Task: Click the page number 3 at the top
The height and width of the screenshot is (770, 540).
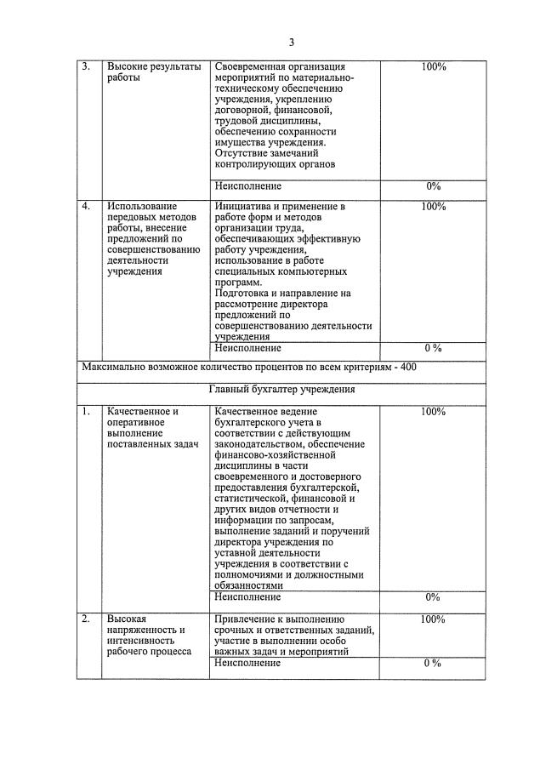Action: pos(291,43)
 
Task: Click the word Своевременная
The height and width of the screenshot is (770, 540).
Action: pos(249,66)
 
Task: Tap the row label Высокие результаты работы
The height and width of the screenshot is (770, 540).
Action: pos(153,72)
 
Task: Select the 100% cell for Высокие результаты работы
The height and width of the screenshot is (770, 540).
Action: pos(433,66)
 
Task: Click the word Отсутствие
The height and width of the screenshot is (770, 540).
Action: pos(243,154)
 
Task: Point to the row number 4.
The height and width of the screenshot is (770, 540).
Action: pos(86,206)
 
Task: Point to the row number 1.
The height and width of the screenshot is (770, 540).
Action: pos(86,412)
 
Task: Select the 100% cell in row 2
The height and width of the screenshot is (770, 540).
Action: pos(433,619)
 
